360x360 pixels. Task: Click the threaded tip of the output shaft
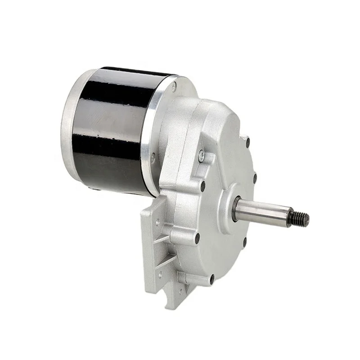click(x=299, y=219)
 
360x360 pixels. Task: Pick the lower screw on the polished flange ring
click(x=153, y=158)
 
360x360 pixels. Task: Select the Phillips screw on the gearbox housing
click(x=201, y=156)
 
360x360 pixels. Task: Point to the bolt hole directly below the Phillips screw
click(x=202, y=185)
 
